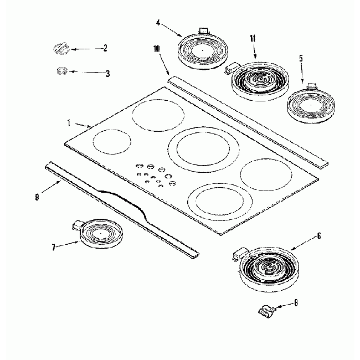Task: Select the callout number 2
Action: pyautogui.click(x=105, y=48)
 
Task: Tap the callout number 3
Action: pyautogui.click(x=107, y=73)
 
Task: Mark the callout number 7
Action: pyautogui.click(x=54, y=248)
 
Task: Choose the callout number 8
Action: pyautogui.click(x=296, y=303)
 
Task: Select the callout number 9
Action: pyautogui.click(x=37, y=196)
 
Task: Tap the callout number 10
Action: pyautogui.click(x=157, y=49)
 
